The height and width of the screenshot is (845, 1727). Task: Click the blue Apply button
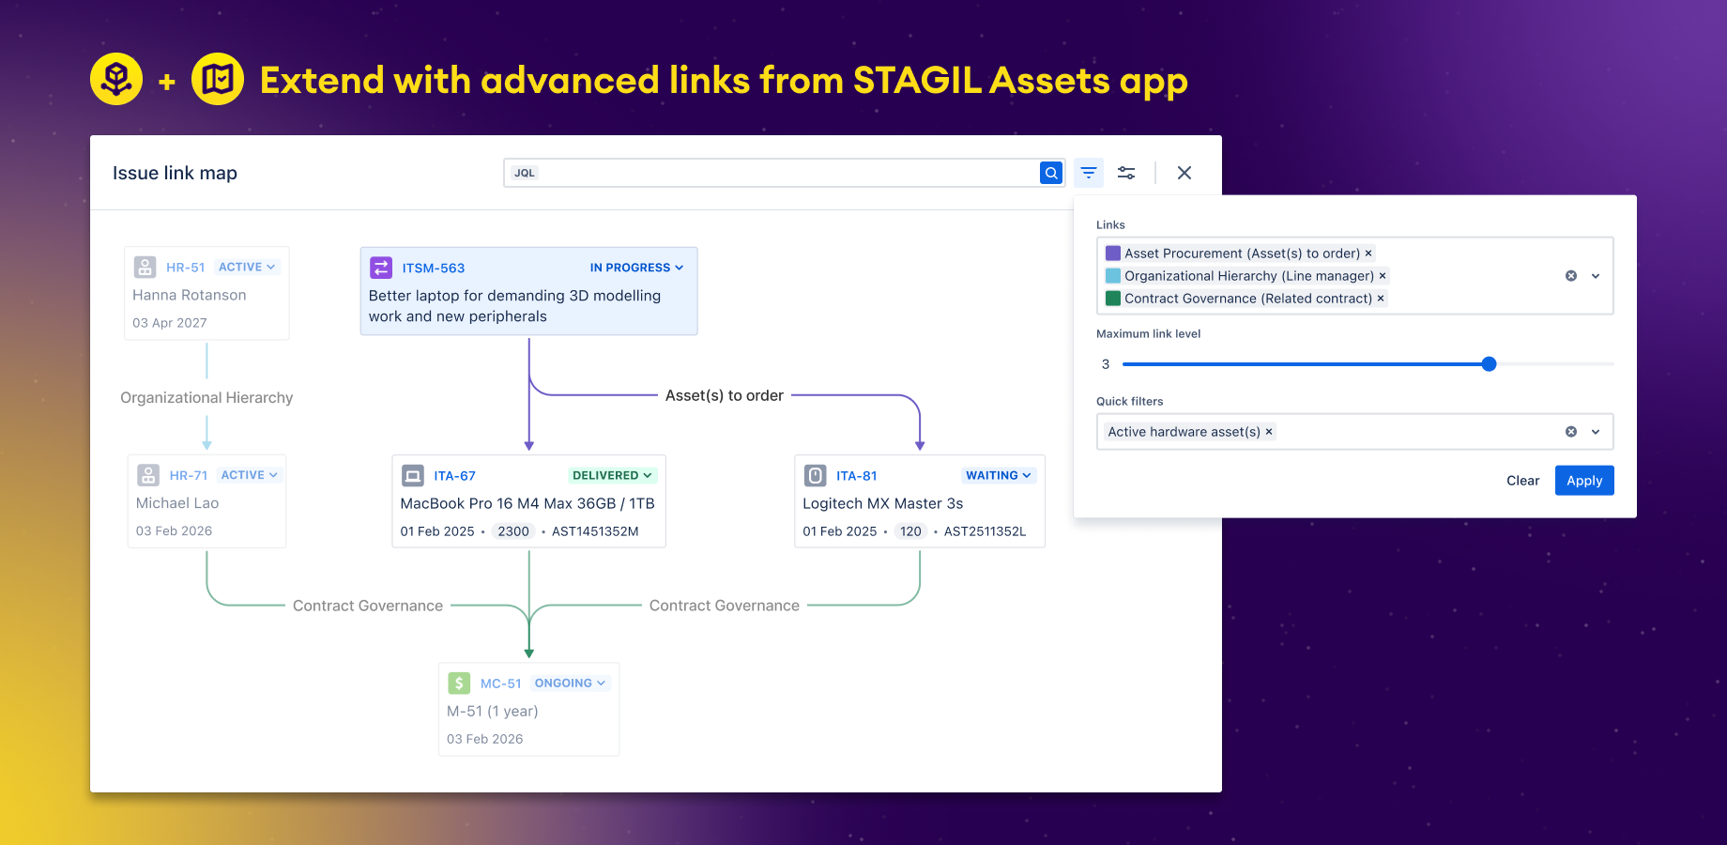(1583, 481)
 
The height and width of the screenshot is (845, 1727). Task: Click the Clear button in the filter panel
(1522, 481)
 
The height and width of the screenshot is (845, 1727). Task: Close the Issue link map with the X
(1184, 173)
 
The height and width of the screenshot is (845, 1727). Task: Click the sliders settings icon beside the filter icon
(1125, 173)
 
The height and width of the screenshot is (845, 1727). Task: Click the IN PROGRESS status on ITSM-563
(635, 268)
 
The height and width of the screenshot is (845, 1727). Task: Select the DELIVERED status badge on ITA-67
(612, 476)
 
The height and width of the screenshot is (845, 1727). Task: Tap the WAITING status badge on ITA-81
(998, 476)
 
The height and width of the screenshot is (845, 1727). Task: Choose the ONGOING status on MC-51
(570, 684)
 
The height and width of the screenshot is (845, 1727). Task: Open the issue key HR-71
(189, 476)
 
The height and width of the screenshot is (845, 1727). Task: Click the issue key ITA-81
(856, 476)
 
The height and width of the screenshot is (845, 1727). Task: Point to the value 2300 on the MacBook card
(513, 531)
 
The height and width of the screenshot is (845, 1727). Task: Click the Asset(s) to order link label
(724, 396)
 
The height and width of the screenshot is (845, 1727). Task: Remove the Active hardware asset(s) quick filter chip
(1269, 432)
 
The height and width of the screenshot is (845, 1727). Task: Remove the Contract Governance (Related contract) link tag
(1381, 299)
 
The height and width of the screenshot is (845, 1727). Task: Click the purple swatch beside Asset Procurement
(1113, 253)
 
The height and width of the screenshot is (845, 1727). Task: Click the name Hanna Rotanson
(190, 295)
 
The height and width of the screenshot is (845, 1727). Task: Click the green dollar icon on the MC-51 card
(459, 684)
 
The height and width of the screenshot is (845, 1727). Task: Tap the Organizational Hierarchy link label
(206, 398)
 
